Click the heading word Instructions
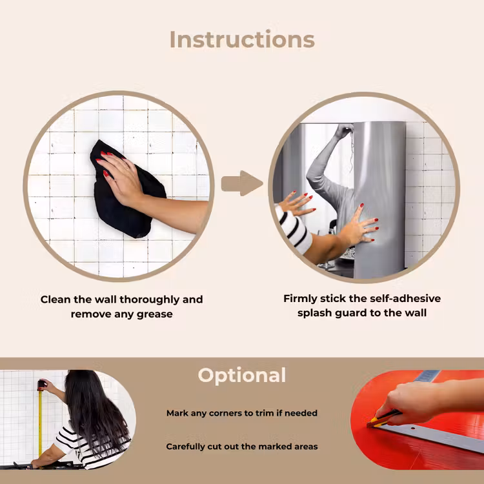tap(242, 39)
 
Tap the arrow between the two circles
tap(242, 183)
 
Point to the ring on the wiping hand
tap(126, 168)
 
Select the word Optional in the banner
tap(242, 376)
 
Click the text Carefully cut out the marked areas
tap(242, 447)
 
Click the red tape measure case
tap(41, 385)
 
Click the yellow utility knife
tap(383, 419)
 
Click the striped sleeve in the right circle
tap(292, 229)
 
